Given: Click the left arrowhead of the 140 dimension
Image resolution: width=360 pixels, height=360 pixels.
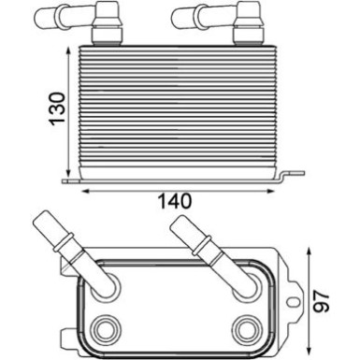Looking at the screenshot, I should click(x=87, y=188).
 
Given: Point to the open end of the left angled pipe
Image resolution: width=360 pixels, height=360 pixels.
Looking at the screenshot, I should click(x=45, y=223).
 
